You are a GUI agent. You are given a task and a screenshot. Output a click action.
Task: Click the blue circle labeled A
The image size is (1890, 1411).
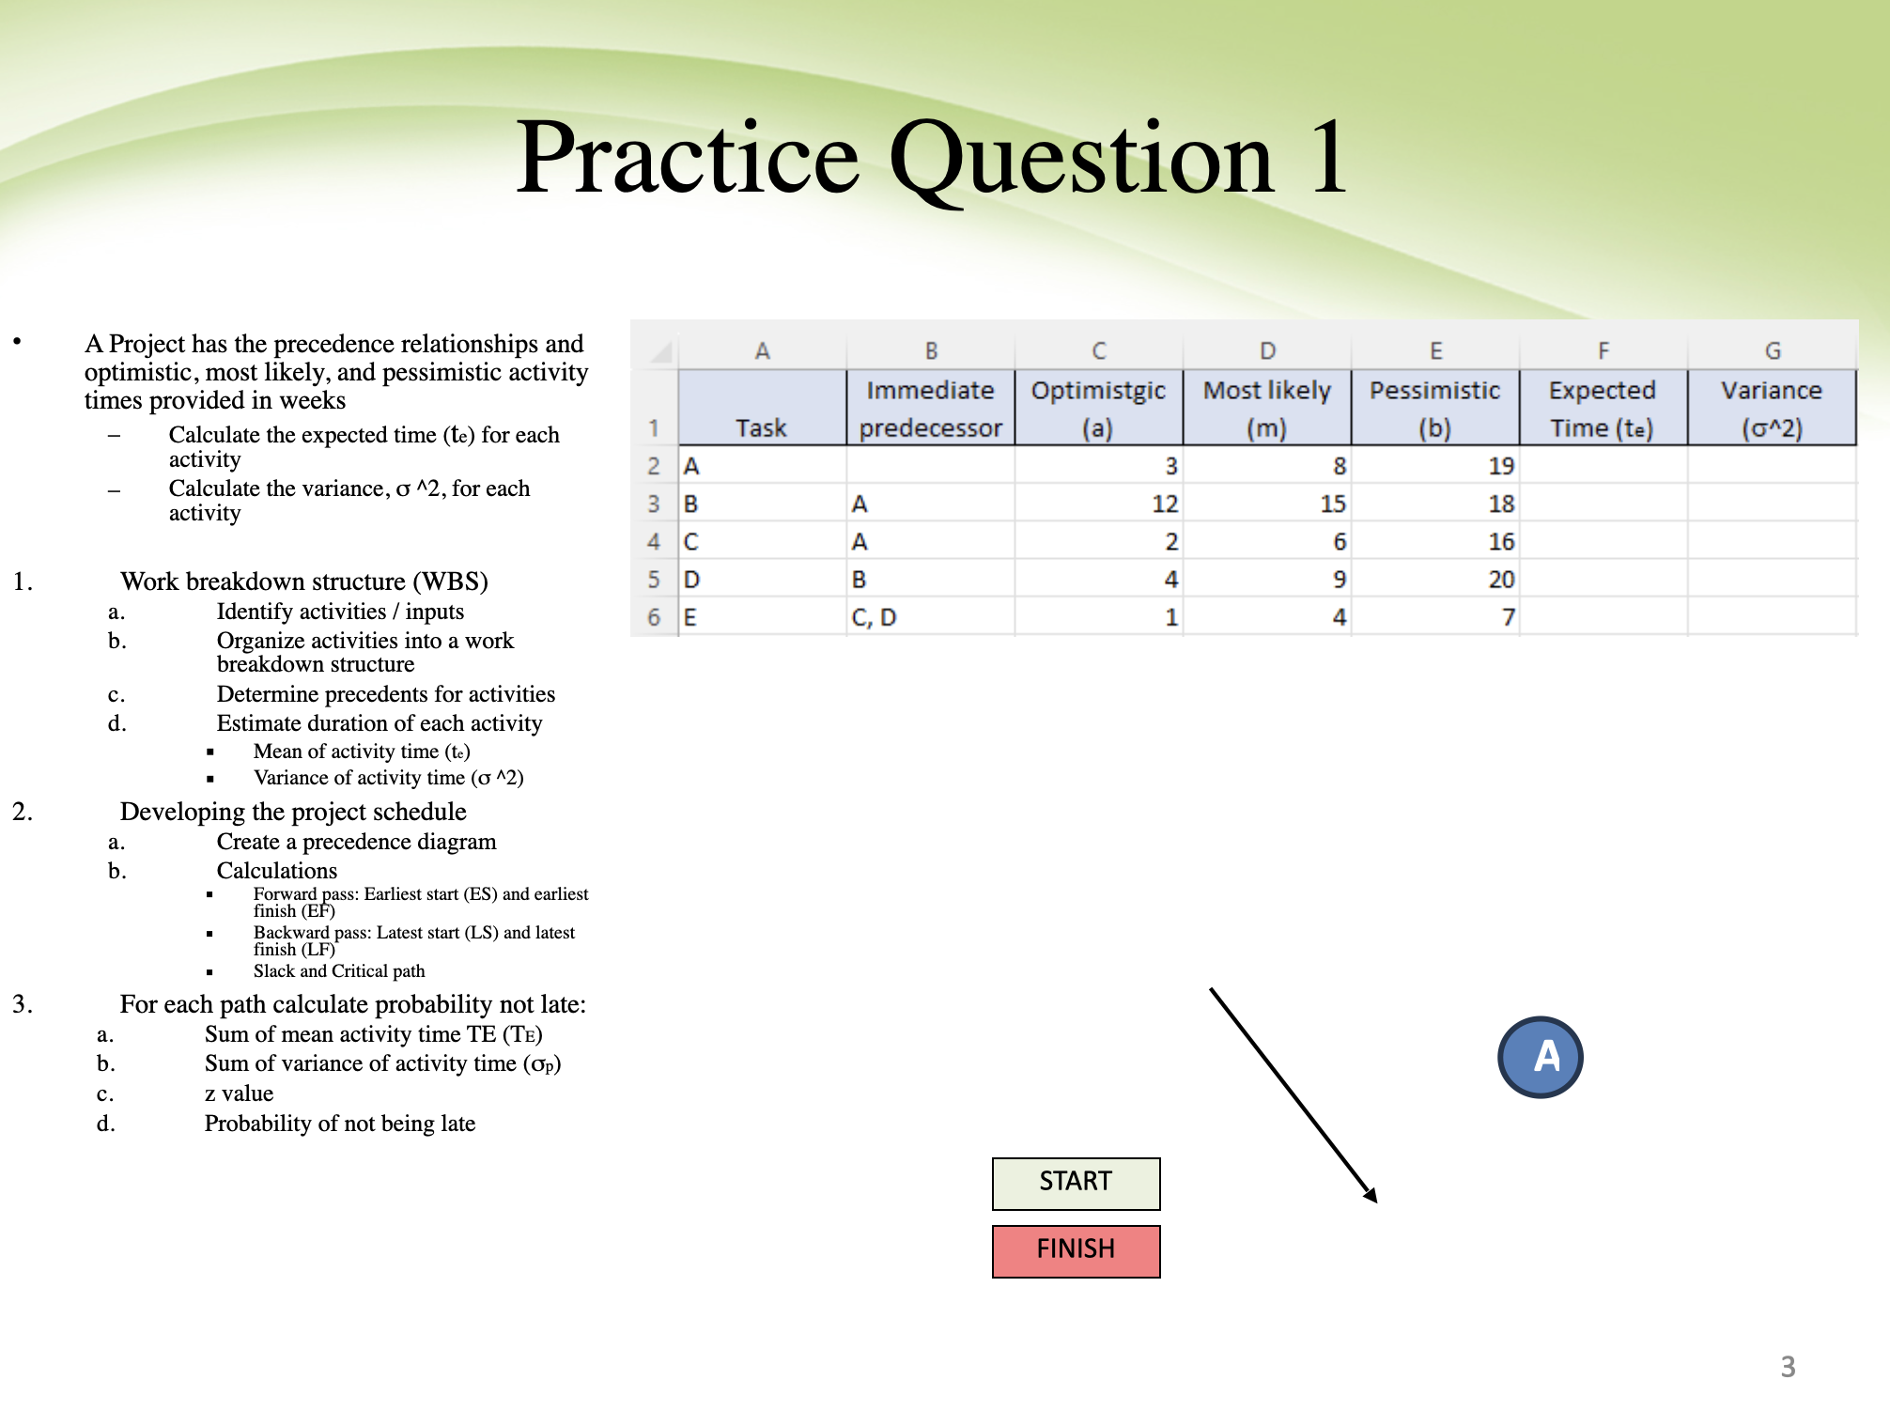point(1541,1057)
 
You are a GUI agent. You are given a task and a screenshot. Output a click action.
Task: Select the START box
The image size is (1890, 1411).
point(1076,1183)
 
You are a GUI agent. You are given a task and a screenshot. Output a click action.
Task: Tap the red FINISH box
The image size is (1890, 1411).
point(1076,1250)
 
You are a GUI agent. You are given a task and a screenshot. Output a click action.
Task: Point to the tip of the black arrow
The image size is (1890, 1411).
point(1375,1201)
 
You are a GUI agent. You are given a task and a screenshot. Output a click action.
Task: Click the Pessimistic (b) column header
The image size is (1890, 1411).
point(1434,408)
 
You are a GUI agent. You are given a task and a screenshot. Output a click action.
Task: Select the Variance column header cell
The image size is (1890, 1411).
point(1771,408)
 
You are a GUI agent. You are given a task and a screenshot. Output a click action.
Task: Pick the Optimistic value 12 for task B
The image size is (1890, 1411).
point(1165,504)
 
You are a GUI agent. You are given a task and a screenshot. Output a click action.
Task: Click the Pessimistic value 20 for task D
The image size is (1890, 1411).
point(1501,580)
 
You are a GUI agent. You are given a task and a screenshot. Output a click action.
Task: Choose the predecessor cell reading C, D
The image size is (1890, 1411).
point(875,617)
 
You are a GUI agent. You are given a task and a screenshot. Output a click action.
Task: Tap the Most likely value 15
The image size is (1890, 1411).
point(1332,504)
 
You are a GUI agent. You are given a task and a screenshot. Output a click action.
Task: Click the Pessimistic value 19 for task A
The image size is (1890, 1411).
point(1501,466)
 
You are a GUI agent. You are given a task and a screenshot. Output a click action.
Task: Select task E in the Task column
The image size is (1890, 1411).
point(691,617)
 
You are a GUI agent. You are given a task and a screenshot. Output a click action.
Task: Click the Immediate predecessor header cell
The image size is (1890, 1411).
point(930,408)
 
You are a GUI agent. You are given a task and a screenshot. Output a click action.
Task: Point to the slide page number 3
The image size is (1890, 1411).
point(1788,1366)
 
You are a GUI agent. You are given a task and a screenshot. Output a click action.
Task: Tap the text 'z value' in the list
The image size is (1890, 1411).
point(239,1093)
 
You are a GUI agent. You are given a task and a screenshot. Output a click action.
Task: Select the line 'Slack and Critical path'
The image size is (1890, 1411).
point(339,971)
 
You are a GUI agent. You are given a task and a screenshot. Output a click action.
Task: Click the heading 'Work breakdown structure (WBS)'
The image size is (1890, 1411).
point(303,581)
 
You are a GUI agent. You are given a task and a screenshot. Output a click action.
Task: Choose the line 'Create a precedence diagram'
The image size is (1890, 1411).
point(356,842)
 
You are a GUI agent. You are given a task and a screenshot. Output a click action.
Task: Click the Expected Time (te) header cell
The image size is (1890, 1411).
point(1603,408)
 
